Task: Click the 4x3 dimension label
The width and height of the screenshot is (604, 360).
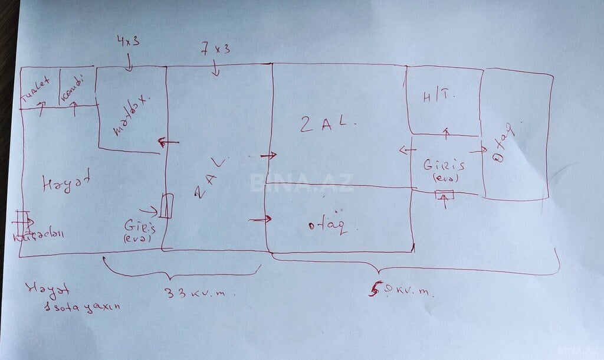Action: (127, 41)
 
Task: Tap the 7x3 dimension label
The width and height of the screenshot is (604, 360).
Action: (215, 50)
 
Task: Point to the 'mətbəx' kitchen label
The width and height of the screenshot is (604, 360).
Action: (129, 114)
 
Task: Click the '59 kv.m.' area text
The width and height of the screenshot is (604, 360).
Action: (401, 290)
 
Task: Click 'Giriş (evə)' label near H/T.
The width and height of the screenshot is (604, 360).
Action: (444, 169)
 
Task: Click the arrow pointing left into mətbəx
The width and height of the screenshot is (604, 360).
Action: (169, 142)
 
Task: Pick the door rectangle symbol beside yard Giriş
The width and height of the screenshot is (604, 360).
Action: (166, 206)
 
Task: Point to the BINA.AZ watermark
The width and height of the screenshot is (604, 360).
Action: (301, 183)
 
